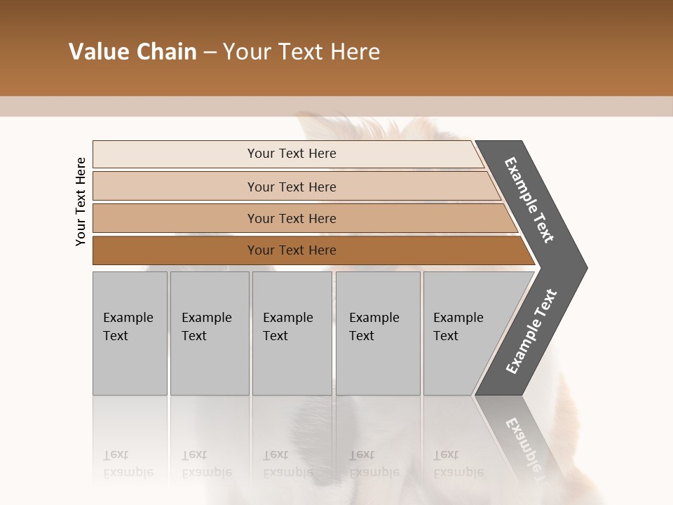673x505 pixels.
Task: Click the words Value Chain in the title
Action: [x=132, y=52]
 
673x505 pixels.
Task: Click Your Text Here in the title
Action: [x=301, y=52]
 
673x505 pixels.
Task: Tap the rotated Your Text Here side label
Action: [x=81, y=201]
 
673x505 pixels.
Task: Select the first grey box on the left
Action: [x=130, y=333]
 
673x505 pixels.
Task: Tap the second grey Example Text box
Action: [x=209, y=333]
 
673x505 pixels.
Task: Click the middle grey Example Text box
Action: [x=292, y=333]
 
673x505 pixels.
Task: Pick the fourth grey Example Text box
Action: [x=377, y=333]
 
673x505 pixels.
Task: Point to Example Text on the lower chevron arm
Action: [x=531, y=331]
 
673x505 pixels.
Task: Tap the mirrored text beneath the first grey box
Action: [x=128, y=464]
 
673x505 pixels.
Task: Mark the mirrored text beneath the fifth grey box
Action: [x=458, y=464]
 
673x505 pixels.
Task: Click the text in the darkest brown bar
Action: [x=292, y=250]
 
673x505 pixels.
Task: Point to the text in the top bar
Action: [x=292, y=154]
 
